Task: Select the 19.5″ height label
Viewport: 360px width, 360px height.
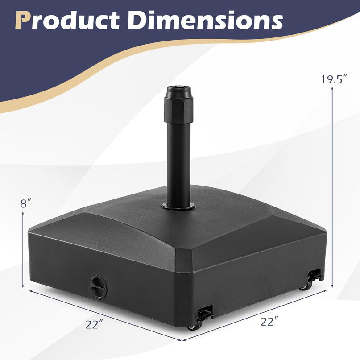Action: tap(334, 79)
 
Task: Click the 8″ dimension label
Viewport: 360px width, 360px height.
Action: tap(26, 203)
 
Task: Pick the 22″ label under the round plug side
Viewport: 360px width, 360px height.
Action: tap(94, 325)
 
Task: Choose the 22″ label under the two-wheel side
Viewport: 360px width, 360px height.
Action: tap(270, 320)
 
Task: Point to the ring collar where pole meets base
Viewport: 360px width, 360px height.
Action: tap(178, 207)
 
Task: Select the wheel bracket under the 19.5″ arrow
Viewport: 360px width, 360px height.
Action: tap(316, 276)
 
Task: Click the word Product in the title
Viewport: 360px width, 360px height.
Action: tap(71, 20)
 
